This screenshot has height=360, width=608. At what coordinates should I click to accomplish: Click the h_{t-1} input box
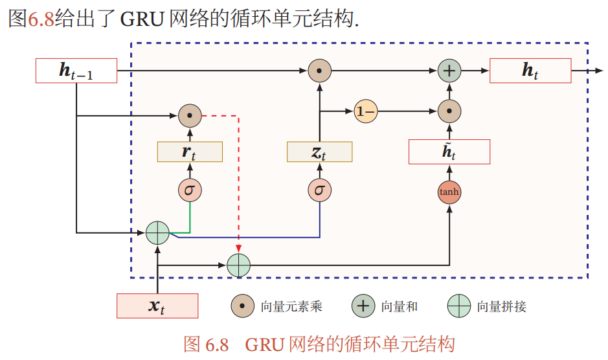point(76,71)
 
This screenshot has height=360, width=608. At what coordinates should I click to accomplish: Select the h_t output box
point(530,71)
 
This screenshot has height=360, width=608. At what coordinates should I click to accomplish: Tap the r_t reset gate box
point(190,152)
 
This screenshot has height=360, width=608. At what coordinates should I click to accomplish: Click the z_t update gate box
point(319,152)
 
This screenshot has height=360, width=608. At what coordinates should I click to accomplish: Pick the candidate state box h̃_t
point(449,152)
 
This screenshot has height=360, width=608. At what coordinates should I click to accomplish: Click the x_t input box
point(157,306)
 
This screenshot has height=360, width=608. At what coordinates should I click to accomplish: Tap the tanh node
point(449,192)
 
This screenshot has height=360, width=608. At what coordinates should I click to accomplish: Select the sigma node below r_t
point(190,190)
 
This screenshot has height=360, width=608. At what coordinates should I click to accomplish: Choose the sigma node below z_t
point(319,190)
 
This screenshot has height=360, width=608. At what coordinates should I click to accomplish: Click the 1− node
point(365,112)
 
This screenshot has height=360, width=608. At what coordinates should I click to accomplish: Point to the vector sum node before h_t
point(449,71)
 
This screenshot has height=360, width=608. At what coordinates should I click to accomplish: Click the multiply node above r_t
point(190,116)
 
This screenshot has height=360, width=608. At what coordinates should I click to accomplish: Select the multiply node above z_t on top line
point(319,71)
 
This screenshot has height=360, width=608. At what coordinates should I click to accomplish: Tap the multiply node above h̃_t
point(449,112)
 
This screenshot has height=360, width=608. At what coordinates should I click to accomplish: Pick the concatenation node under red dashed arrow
point(239,265)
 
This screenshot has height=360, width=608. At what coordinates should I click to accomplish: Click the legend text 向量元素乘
point(291,306)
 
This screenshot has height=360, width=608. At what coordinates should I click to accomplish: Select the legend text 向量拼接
point(502,306)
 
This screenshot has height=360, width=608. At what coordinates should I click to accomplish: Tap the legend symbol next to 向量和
point(363,306)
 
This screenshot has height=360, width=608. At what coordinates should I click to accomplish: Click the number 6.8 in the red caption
point(217,344)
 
